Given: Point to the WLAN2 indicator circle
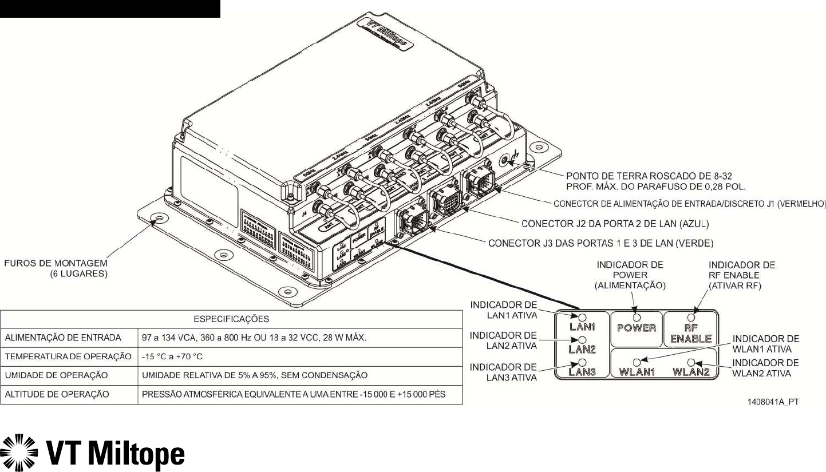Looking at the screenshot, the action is [x=691, y=362].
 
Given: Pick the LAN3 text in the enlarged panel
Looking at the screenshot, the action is [x=583, y=372].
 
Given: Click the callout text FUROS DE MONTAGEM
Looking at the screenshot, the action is [x=57, y=263].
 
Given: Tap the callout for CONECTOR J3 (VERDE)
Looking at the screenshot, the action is [x=600, y=243].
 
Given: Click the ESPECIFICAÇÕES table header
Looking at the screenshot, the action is [x=231, y=319].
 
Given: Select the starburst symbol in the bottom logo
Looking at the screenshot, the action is [x=19, y=454].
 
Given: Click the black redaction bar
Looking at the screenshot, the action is [x=110, y=9].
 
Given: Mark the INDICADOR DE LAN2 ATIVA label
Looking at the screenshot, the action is [x=503, y=340].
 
